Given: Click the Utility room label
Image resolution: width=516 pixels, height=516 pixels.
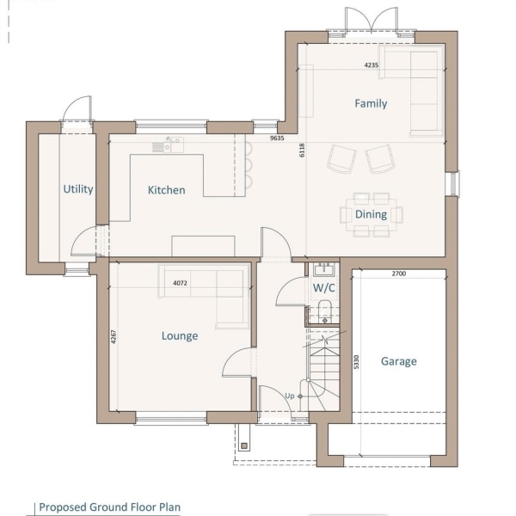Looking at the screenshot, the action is coord(78,189).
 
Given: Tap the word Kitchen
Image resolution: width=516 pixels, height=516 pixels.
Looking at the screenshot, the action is coord(166,190).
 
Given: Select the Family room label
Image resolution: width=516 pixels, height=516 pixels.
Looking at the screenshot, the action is coord(371,104).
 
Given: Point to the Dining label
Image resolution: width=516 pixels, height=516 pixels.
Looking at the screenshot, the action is coord(371,214).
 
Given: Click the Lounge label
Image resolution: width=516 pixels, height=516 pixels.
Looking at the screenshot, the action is coord(180,336).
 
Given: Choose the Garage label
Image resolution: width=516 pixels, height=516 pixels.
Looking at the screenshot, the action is coord(399,361).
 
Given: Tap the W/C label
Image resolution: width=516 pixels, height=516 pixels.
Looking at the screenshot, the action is coord(324,288).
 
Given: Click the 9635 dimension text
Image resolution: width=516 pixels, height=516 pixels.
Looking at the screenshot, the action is coord(277,138).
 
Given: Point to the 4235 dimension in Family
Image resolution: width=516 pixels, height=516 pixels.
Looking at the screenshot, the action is coord(372,65).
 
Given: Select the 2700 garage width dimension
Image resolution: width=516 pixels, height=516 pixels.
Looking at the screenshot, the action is coord(399,273).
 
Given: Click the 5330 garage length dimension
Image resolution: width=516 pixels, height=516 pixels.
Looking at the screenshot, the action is coord(356,362).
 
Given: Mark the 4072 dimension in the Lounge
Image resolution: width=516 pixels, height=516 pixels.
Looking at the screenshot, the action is coord(180,283).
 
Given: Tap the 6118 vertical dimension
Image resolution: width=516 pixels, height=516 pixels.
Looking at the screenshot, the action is coord(302,150).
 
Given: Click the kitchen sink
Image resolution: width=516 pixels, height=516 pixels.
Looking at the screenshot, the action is coord(168,145).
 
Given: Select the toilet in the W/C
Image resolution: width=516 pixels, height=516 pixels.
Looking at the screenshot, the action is coord(324,311).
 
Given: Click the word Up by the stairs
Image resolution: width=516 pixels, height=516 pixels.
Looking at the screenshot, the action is coord(290,396).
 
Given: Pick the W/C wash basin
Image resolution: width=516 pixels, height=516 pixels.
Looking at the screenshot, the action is coord(324,269).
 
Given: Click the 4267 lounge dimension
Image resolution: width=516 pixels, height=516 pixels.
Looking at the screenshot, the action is coord(114,337).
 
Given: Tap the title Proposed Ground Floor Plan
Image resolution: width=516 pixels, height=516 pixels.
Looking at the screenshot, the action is coord(109,507).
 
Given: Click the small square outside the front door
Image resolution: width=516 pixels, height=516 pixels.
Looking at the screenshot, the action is coord(244,445).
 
